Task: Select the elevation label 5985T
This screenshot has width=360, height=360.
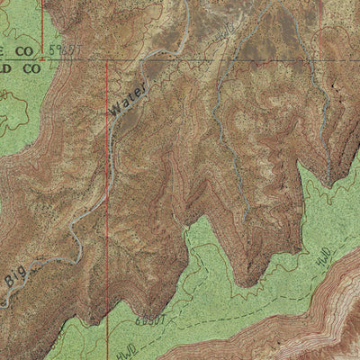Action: pos(65,46)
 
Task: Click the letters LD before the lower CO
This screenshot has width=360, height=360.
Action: pos(5,67)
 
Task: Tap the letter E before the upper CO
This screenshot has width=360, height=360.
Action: pos(4,52)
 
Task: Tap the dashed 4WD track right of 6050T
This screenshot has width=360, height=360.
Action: pos(207,310)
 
